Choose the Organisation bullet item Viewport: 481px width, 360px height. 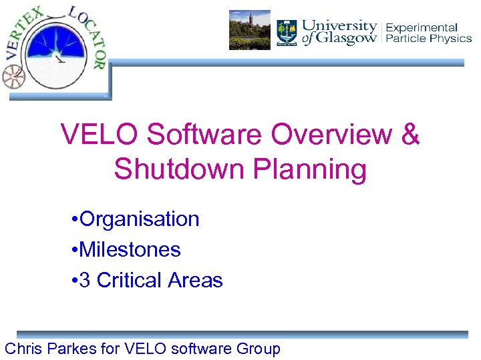tap(139, 219)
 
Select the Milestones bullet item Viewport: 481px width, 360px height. tap(130, 249)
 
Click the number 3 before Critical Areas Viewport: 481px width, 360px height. tap(85, 280)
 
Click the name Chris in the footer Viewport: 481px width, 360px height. tap(25, 348)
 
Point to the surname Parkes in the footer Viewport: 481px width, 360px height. tap(77, 348)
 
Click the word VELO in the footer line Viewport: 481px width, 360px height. tap(155, 348)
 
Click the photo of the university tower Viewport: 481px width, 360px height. tap(249, 30)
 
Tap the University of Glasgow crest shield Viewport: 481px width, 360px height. tap(287, 31)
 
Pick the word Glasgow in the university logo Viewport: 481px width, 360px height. tap(347, 39)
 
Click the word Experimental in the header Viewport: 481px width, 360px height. tap(422, 27)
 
